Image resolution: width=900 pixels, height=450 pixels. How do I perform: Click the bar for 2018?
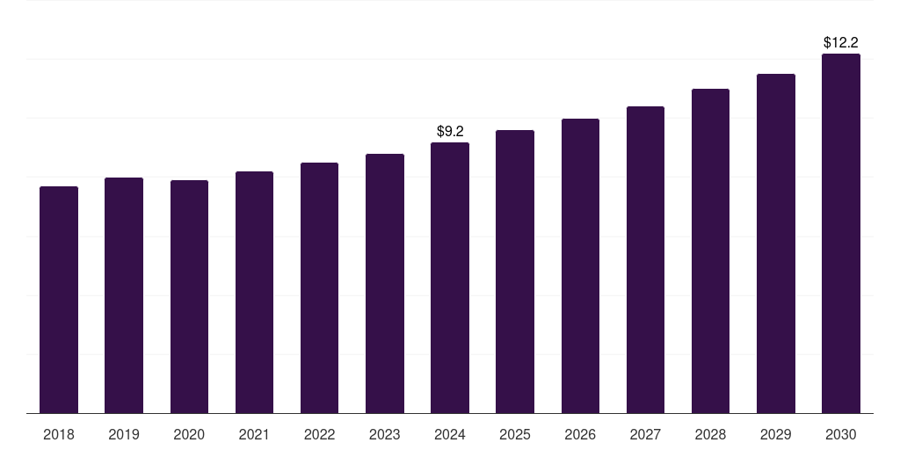click(x=59, y=300)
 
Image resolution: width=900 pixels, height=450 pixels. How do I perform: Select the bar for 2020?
click(x=189, y=296)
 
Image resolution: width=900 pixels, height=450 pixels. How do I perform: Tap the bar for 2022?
click(x=319, y=287)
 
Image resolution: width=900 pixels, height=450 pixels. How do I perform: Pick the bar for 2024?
click(x=450, y=278)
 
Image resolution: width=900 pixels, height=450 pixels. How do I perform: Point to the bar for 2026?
click(x=580, y=265)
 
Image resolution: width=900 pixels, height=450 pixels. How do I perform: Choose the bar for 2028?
click(x=710, y=250)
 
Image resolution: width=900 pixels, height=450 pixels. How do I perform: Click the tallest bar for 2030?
click(x=841, y=233)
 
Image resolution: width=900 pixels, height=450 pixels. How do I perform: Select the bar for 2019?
click(x=124, y=295)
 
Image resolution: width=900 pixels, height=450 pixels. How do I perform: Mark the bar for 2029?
click(x=776, y=243)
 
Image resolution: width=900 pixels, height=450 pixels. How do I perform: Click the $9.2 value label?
click(x=450, y=131)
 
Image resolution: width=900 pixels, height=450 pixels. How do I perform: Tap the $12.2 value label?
click(x=841, y=42)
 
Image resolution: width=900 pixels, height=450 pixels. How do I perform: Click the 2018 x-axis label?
click(x=59, y=434)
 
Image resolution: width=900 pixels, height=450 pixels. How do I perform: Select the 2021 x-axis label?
click(x=254, y=434)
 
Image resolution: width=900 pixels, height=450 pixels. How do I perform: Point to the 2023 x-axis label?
click(x=385, y=434)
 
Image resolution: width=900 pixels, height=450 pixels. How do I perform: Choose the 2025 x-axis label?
click(x=515, y=434)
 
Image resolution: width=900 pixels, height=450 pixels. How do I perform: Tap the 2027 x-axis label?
click(x=645, y=434)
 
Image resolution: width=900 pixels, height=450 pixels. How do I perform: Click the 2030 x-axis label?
click(x=841, y=434)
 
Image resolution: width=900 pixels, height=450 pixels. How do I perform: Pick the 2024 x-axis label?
click(x=450, y=434)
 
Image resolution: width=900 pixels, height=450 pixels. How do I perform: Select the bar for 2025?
click(x=515, y=272)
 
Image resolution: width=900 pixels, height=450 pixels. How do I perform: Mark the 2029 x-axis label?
click(x=776, y=434)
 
